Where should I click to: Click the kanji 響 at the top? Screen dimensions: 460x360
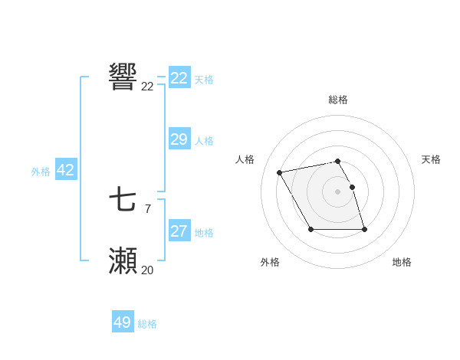[123, 77]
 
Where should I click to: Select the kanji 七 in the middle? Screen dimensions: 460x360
[123, 201]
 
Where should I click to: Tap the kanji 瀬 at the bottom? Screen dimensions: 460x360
[123, 260]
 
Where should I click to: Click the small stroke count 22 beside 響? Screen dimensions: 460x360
[147, 87]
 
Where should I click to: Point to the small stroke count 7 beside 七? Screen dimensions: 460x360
[147, 208]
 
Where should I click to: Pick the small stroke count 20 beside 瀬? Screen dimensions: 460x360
[147, 270]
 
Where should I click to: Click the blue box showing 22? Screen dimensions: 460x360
[179, 78]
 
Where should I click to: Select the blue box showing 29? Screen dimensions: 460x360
[179, 139]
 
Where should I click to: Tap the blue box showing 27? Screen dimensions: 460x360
[179, 231]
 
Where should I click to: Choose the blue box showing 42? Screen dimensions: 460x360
[65, 170]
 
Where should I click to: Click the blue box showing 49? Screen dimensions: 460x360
[123, 322]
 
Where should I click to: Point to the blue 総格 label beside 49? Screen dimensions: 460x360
[147, 324]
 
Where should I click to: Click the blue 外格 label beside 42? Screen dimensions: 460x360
[41, 172]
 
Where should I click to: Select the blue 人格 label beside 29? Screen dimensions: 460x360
[204, 141]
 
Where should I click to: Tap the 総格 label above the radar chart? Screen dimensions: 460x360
[338, 100]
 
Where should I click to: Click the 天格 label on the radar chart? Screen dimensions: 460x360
[431, 159]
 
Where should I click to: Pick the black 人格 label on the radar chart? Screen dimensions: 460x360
[245, 159]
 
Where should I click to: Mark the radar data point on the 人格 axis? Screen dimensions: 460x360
[280, 172]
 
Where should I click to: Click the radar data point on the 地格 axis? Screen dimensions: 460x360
[364, 229]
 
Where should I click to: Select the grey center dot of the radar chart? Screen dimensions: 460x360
[338, 191]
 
